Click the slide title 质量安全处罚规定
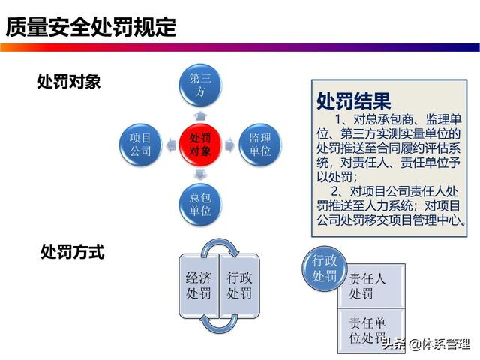tap(91, 27)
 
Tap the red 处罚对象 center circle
tap(200, 145)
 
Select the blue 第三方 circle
tap(200, 85)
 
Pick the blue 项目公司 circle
tap(140, 145)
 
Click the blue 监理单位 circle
tap(260, 145)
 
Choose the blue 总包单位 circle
tap(200, 205)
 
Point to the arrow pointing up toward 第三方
tap(200, 116)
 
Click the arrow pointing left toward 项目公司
tap(171, 145)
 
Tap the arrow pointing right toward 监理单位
tap(230, 145)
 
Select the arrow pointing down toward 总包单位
tap(200, 174)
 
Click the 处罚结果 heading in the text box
tap(354, 100)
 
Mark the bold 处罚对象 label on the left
tap(68, 82)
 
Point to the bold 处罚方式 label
tap(73, 252)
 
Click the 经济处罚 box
tap(199, 286)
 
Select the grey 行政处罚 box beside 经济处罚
tap(240, 286)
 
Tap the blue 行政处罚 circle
tap(325, 268)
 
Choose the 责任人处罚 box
tap(372, 286)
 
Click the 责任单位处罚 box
tap(372, 331)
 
